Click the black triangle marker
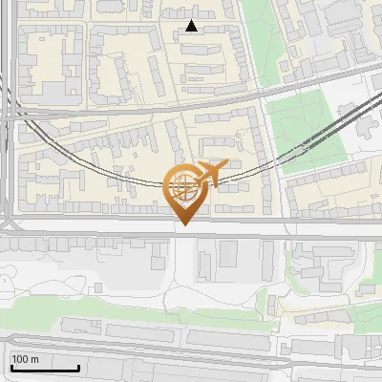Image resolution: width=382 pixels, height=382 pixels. (192, 27)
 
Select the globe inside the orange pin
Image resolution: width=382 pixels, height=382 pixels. (184, 187)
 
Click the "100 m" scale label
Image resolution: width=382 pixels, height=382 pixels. (26, 359)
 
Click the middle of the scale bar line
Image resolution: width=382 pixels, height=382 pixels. (45, 369)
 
